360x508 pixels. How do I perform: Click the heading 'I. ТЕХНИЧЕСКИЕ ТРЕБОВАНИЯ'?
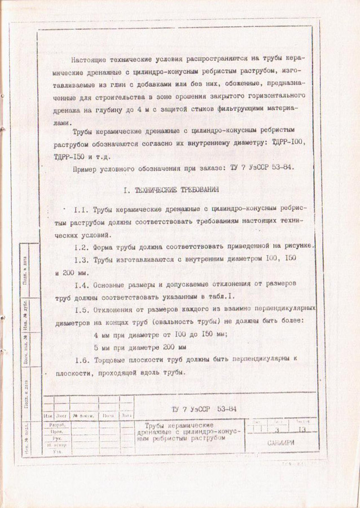pos(171,189)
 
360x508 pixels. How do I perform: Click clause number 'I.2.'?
pos(81,247)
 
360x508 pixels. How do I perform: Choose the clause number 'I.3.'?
pos(81,259)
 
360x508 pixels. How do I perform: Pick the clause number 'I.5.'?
pos(81,309)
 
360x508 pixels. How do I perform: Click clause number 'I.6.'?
pos(81,360)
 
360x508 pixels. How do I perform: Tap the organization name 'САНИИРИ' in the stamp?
pos(280,443)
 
